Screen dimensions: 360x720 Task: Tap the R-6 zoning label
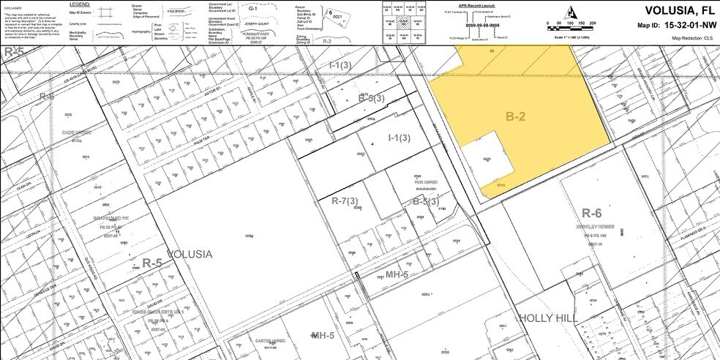[591, 213]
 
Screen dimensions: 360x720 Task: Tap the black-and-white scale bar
[571, 23]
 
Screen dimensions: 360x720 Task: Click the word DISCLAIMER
[12, 4]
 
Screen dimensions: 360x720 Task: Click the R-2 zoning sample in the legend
[326, 41]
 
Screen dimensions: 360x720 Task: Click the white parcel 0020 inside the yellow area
[486, 158]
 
